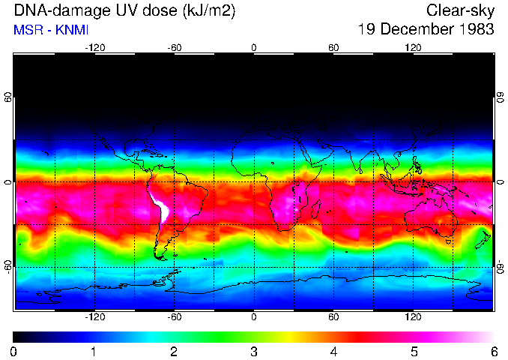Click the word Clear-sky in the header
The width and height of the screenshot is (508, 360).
[460, 10]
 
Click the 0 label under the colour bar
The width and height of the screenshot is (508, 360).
[14, 351]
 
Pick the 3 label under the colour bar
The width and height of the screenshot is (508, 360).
[254, 351]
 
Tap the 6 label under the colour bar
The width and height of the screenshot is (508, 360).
[493, 351]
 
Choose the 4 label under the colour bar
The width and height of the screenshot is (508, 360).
[333, 351]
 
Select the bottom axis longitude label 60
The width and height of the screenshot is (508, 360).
[333, 317]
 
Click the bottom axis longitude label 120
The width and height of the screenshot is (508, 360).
[414, 317]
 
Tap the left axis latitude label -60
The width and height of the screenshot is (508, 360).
[7, 266]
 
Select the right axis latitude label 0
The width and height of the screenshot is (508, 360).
[501, 181]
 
